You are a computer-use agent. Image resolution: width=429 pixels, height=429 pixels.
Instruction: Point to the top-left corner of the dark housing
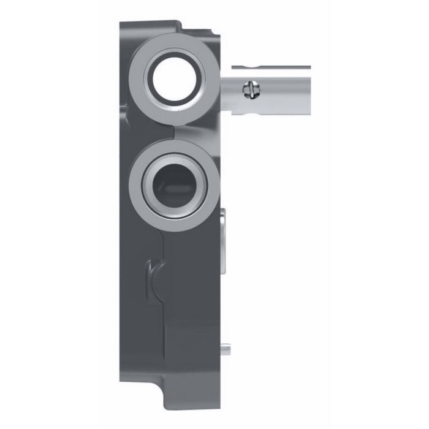click(121, 25)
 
